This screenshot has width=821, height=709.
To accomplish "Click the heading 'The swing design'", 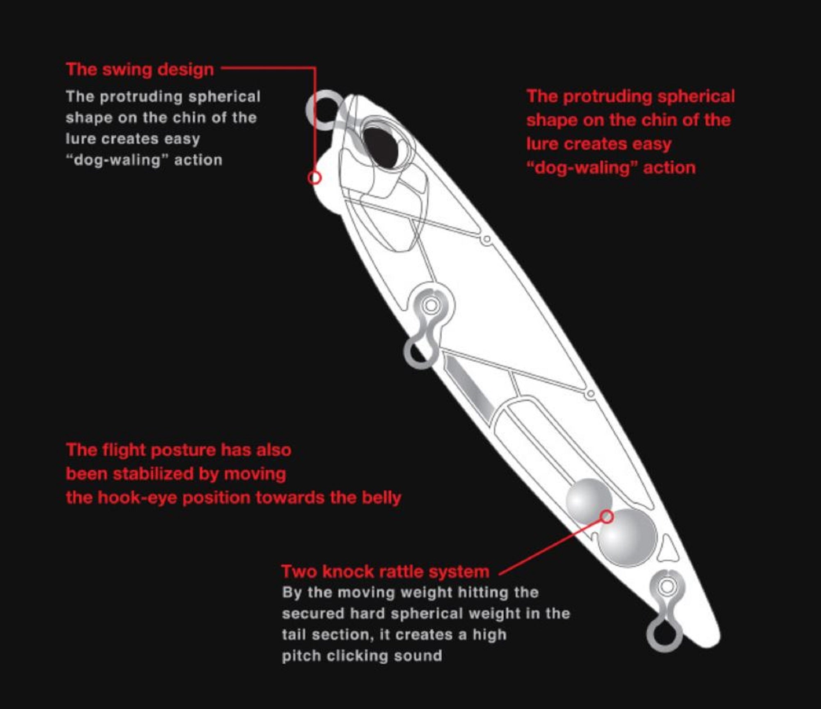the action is pos(140,70).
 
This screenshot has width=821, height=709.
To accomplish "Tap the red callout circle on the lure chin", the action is pos(314,178).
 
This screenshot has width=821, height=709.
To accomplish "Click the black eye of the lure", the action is pos(381,147).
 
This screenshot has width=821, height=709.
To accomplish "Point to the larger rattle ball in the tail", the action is pos(627,537).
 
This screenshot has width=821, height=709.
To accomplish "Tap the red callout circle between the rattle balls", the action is pos(607,516).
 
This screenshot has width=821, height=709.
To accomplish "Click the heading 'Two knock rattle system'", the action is pos(385,571).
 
